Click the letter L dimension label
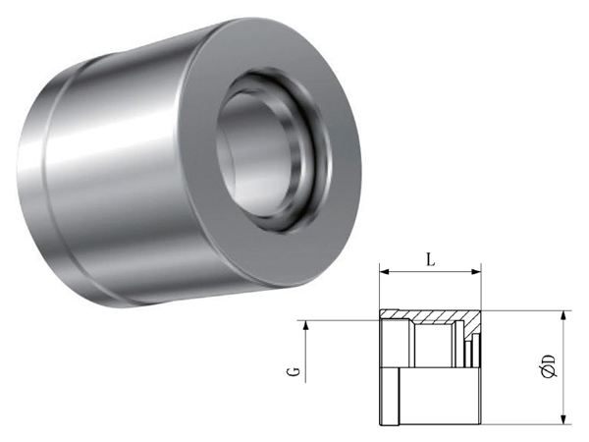click(431, 259)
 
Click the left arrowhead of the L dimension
click(384, 272)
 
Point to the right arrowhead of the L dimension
click(476, 272)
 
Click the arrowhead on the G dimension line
click(306, 325)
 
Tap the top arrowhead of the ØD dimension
click(563, 315)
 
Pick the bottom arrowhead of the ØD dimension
click(563, 419)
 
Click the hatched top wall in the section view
click(428, 315)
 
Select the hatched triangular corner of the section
click(474, 324)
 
